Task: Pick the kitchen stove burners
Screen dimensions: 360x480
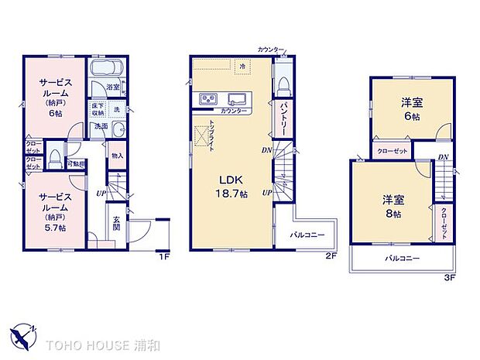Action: click(x=208, y=99)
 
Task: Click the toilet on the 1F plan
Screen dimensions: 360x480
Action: click(x=56, y=159)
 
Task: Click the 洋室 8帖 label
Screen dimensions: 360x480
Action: click(x=393, y=205)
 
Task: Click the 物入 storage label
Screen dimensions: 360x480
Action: click(x=117, y=156)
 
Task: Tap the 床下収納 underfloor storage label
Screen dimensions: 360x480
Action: click(x=98, y=109)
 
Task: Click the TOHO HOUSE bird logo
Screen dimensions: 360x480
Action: click(x=23, y=334)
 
